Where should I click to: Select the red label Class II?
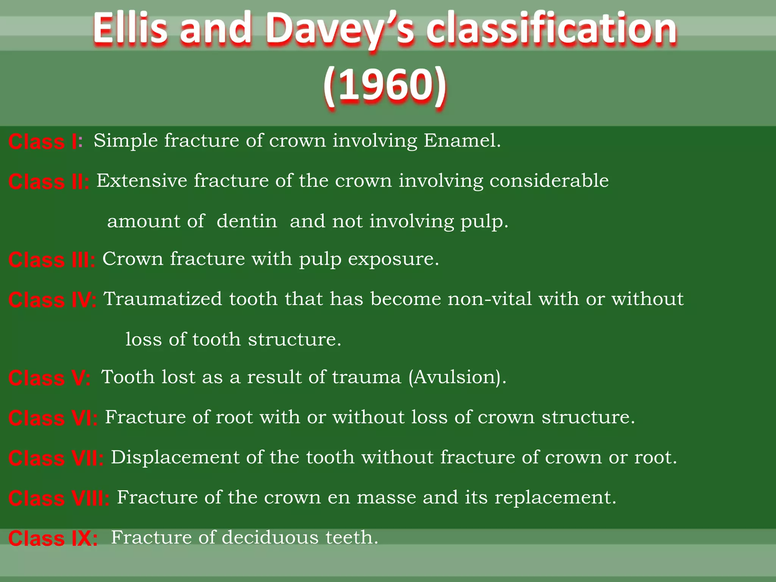pos(49,181)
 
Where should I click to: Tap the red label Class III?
pos(52,260)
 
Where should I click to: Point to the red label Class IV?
pos(52,300)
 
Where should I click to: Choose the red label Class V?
pos(50,378)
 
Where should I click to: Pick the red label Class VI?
pos(53,418)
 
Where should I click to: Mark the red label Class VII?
pos(56,458)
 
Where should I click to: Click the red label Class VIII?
pos(59,498)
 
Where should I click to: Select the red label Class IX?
pos(53,538)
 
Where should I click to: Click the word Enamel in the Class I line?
pos(462,141)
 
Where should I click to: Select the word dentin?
pos(247,221)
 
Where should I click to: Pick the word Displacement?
pos(175,457)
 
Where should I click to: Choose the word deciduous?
pos(270,537)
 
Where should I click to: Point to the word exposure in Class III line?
pos(393,259)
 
